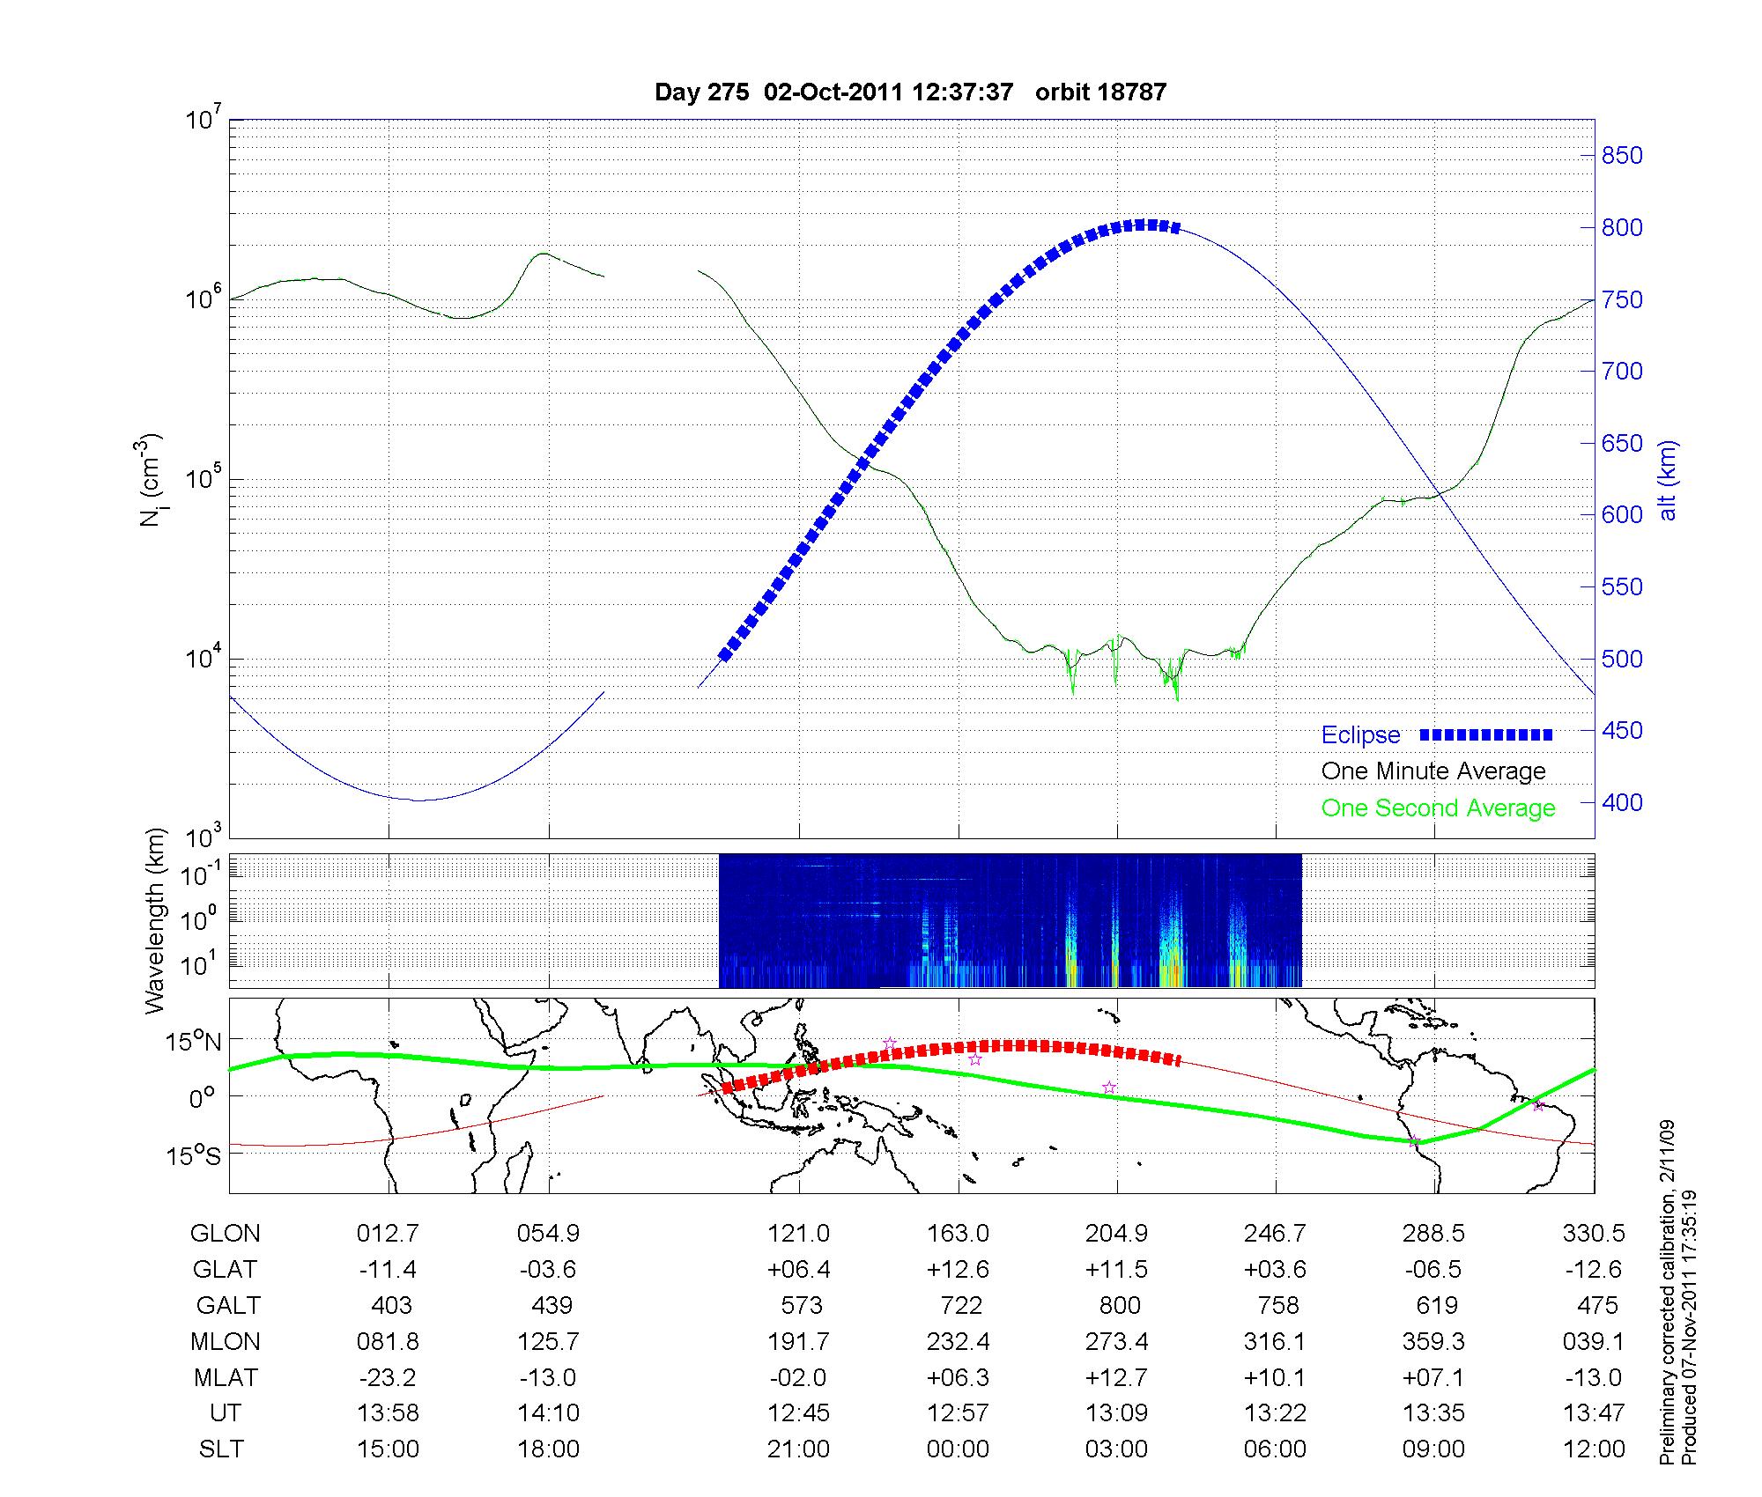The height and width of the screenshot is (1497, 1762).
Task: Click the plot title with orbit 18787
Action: (910, 92)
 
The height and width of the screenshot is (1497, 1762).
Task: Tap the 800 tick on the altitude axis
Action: (1621, 228)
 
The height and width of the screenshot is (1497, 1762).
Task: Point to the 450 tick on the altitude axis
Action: (1621, 731)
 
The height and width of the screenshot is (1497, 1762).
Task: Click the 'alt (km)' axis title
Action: (1668, 480)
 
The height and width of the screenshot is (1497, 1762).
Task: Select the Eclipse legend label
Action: (1360, 735)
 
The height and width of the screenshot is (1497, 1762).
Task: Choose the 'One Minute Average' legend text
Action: (1433, 771)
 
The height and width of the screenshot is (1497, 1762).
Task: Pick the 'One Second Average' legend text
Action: (1438, 808)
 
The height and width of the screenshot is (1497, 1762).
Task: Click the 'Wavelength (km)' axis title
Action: (156, 920)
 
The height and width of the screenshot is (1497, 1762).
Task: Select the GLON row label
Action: (225, 1234)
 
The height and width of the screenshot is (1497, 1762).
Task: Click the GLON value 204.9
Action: (1116, 1234)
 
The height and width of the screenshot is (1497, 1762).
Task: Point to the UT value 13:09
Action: (1116, 1413)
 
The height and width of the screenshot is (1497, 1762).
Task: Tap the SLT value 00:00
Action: (958, 1449)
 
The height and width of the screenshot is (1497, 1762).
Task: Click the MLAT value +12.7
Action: (1116, 1377)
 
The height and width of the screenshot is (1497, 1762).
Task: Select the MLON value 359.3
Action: (1433, 1341)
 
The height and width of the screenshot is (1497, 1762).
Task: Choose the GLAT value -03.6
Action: (548, 1270)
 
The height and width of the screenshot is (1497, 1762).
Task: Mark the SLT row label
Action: (221, 1449)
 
